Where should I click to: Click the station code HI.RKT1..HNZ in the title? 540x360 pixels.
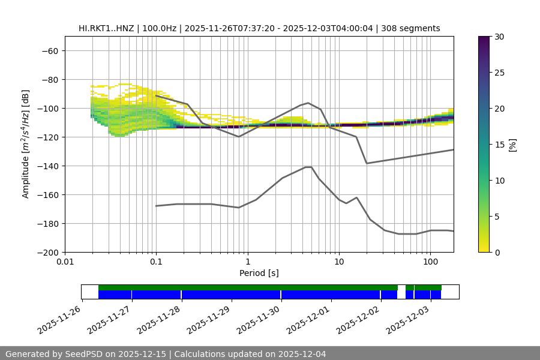pos(107,28)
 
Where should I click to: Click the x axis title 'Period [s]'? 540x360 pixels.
pos(259,273)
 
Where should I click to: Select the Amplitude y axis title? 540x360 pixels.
pos(26,144)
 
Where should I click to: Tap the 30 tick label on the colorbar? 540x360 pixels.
pos(499,37)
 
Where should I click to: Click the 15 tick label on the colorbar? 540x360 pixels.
pos(499,145)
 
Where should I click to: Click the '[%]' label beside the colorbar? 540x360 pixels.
pos(512,145)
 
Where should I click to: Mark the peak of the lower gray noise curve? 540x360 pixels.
pos(308,167)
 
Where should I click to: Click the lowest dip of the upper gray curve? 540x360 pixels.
pos(367,163)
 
